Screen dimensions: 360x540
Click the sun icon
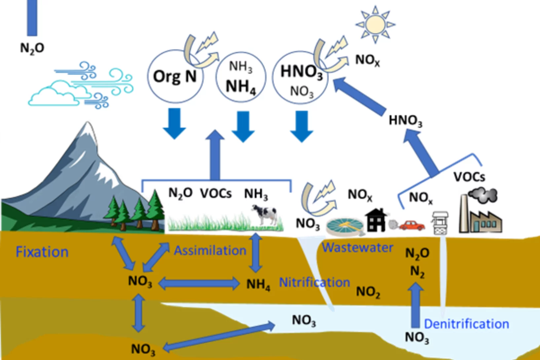coord(375,24)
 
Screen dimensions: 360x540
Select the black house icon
coord(376,220)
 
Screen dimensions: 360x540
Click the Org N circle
coord(175,77)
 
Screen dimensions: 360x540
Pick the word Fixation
coord(42,252)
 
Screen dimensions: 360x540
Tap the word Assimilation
coord(210,251)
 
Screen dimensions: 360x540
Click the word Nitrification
coord(314,282)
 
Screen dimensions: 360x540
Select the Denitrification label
coord(466,324)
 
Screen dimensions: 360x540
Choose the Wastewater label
coord(357,248)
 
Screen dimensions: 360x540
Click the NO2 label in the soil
coord(368,292)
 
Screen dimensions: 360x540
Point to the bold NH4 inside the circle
coord(241,87)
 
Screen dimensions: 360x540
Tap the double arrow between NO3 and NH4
coord(199,283)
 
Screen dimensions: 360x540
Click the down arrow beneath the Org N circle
coord(174,123)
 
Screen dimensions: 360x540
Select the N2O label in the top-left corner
coord(32,48)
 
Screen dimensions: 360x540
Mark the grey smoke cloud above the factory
coord(483,195)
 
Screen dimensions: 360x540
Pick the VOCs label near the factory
coord(469,177)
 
